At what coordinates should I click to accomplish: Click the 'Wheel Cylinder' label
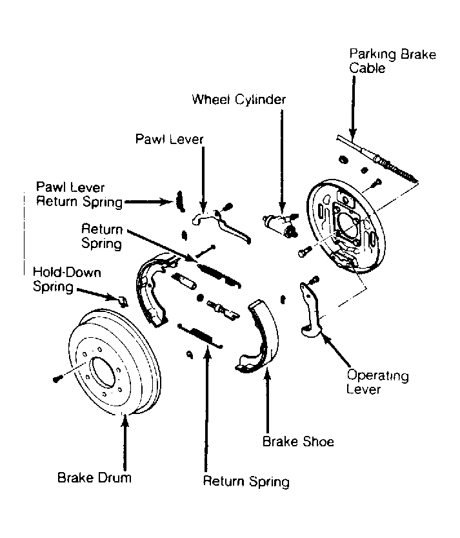pyautogui.click(x=239, y=99)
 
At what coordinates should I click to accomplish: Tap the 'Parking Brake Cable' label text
pyautogui.click(x=392, y=61)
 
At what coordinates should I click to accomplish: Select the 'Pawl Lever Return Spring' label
pyautogui.click(x=79, y=194)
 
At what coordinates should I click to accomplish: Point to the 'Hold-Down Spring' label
pyautogui.click(x=67, y=279)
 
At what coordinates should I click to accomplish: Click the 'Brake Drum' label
pyautogui.click(x=94, y=477)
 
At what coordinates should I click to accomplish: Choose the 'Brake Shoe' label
pyautogui.click(x=298, y=441)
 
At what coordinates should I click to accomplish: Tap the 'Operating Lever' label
pyautogui.click(x=377, y=382)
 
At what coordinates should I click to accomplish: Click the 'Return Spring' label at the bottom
pyautogui.click(x=246, y=481)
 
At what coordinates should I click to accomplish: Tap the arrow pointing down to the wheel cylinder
pyautogui.click(x=282, y=161)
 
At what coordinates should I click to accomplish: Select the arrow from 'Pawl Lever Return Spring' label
pyautogui.click(x=149, y=202)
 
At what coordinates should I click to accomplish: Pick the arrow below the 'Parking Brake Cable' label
pyautogui.click(x=353, y=108)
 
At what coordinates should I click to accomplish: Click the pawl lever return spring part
pyautogui.click(x=180, y=201)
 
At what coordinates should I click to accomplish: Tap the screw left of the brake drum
pyautogui.click(x=57, y=378)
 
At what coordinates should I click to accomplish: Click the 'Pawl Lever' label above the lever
pyautogui.click(x=169, y=139)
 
